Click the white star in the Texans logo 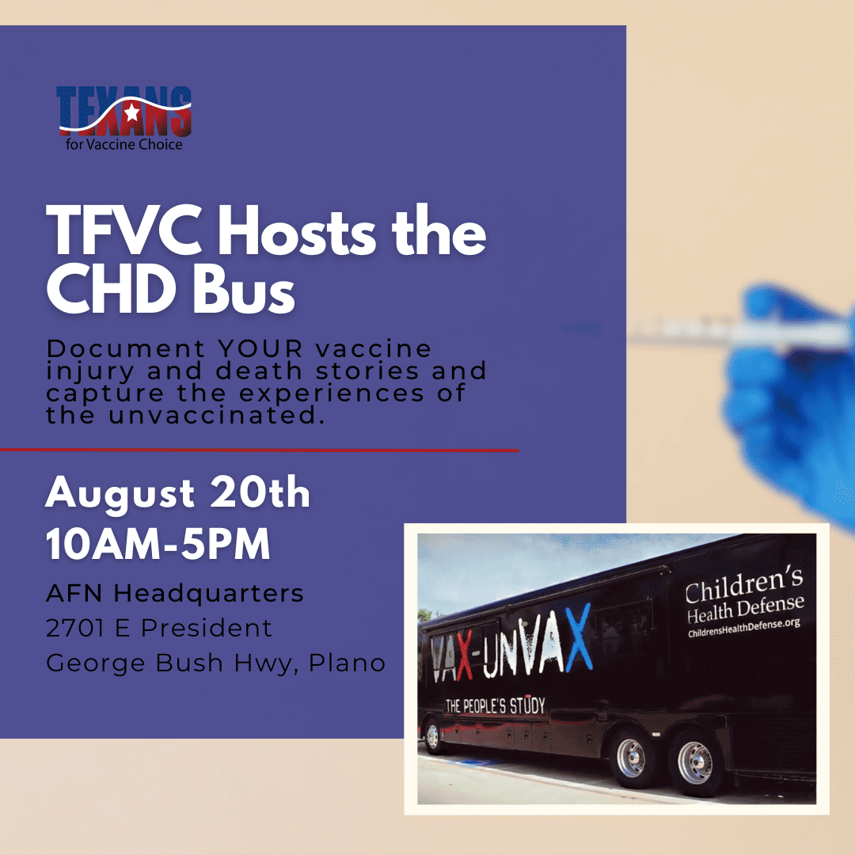[132, 112]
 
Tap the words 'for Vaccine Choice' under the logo [124, 145]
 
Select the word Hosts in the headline [297, 230]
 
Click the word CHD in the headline [112, 289]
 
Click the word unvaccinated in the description [216, 416]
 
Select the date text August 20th [178, 493]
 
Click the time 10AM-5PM [158, 544]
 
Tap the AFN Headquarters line [174, 593]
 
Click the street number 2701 [74, 628]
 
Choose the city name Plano [348, 663]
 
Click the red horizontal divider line [260, 450]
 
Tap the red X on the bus [464, 657]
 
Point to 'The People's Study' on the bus [495, 705]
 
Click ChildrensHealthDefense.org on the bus [743, 627]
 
